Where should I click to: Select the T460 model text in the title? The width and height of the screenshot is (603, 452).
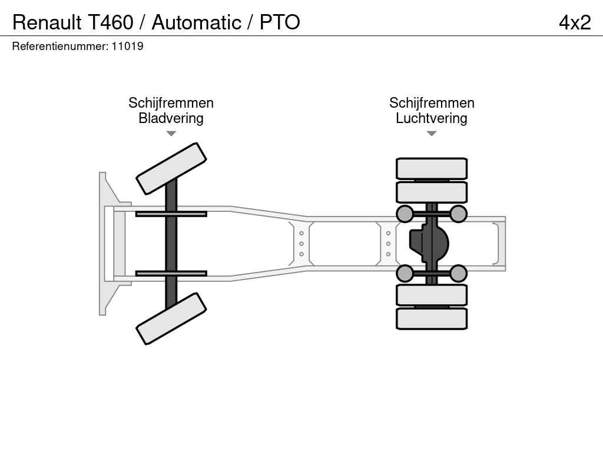click(111, 22)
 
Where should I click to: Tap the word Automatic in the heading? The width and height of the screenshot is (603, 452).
click(196, 22)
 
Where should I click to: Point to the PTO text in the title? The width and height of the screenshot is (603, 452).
click(280, 22)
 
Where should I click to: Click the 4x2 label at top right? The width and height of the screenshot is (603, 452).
click(575, 22)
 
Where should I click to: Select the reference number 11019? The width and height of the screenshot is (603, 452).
click(128, 46)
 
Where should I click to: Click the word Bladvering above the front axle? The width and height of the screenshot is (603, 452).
click(171, 118)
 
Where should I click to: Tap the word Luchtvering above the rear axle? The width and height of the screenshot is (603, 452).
click(431, 118)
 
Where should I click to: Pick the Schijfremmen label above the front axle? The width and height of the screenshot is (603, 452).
click(171, 103)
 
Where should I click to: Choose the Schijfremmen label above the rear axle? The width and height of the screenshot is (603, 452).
click(431, 103)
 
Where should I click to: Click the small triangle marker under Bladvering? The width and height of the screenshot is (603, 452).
click(171, 134)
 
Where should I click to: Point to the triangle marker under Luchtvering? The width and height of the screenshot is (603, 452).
click(431, 134)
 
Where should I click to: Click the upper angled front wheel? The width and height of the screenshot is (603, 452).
click(171, 168)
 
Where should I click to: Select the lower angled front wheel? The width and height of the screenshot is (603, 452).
click(171, 318)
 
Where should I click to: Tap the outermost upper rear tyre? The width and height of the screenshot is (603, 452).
click(431, 168)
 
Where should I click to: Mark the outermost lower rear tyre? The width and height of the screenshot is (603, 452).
click(431, 318)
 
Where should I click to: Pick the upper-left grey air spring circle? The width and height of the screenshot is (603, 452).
click(405, 214)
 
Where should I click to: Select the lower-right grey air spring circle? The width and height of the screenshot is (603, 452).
click(458, 273)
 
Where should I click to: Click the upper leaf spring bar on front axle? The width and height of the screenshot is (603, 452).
click(171, 214)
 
